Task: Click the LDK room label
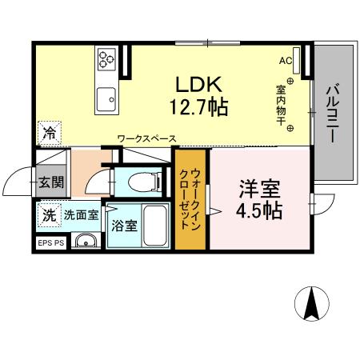(x=198, y=84)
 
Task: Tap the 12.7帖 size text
(x=198, y=106)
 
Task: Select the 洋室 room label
(x=259, y=189)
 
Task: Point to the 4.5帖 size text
(x=259, y=210)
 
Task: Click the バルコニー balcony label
(x=334, y=113)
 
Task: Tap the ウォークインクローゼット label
(x=190, y=198)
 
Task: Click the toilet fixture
(x=145, y=182)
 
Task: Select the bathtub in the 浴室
(x=155, y=226)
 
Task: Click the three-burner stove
(x=106, y=59)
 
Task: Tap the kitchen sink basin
(x=106, y=99)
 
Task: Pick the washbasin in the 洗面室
(x=86, y=241)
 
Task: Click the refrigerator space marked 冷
(x=50, y=134)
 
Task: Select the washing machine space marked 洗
(x=50, y=215)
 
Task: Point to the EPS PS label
(x=51, y=243)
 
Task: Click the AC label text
(x=286, y=61)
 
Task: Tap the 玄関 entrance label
(x=51, y=182)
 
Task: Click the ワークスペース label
(x=147, y=138)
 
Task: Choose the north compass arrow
(x=312, y=304)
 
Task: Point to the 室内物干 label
(x=281, y=105)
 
